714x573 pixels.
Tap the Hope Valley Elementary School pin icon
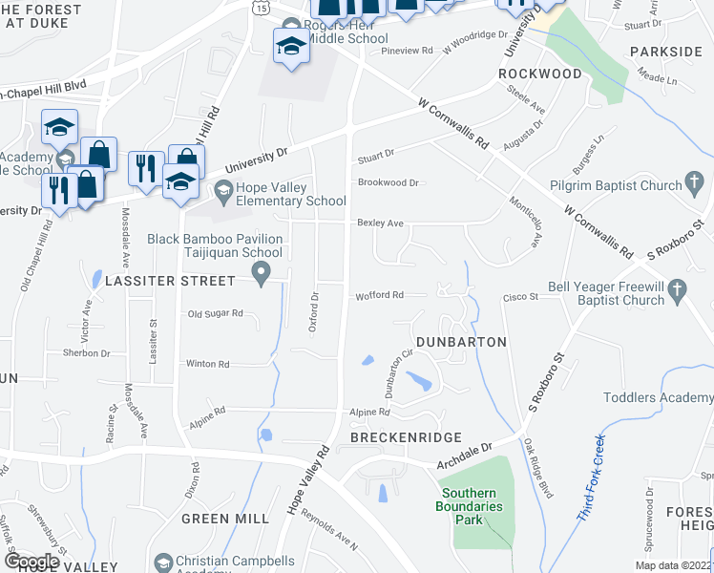[x=223, y=191]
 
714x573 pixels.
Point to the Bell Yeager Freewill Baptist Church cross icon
[x=677, y=287]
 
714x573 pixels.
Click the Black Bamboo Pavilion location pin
[x=263, y=275]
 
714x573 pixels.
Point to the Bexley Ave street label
[x=380, y=223]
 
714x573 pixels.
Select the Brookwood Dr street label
[x=388, y=182]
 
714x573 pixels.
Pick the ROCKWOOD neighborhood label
[x=540, y=74]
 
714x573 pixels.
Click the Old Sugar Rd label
[x=216, y=313]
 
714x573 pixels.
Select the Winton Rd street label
[x=208, y=364]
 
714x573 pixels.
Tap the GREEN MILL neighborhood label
[x=225, y=519]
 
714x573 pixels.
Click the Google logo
[x=31, y=562]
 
